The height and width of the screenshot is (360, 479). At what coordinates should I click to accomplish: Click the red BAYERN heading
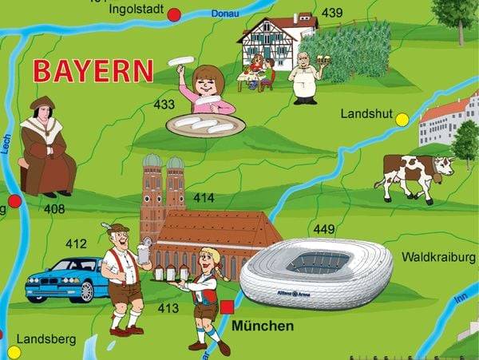pyautogui.click(x=93, y=71)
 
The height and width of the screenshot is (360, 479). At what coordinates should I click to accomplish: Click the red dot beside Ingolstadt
pyautogui.click(x=174, y=14)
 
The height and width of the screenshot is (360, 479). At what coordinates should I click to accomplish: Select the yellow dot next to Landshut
pyautogui.click(x=402, y=120)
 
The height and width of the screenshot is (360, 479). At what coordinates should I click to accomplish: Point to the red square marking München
pyautogui.click(x=228, y=307)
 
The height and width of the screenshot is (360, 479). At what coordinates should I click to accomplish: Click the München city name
pyautogui.click(x=263, y=326)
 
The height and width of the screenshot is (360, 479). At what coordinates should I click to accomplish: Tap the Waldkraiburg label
pyautogui.click(x=438, y=257)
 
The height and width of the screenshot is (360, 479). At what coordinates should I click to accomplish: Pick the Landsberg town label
pyautogui.click(x=46, y=339)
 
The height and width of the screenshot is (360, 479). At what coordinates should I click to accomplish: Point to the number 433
pyautogui.click(x=164, y=105)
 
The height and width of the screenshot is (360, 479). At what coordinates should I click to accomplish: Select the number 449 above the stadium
pyautogui.click(x=324, y=230)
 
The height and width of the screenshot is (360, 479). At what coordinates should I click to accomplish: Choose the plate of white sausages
pyautogui.click(x=205, y=125)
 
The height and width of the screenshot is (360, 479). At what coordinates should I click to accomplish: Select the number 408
pyautogui.click(x=54, y=209)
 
